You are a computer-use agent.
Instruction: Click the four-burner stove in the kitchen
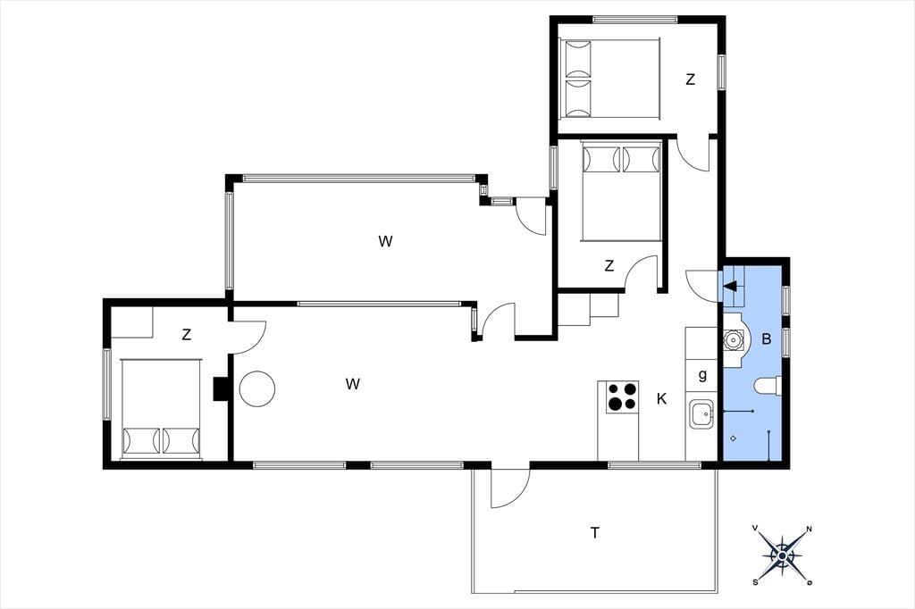coord(622,396)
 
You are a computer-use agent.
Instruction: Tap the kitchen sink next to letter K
coord(702,414)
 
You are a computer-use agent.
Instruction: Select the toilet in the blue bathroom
coord(768,386)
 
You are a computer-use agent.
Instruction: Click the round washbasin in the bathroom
coord(731,339)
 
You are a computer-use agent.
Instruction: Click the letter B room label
coord(767,339)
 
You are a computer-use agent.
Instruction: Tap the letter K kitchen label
coord(661,399)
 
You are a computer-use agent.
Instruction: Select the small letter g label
coord(702,375)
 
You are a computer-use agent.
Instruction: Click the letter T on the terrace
coord(594,532)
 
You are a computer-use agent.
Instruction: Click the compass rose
coord(782,555)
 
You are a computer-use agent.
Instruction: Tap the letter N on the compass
coord(809,530)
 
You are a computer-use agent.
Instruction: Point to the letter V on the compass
coord(755,528)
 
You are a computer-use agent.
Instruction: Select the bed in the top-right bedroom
coord(609,79)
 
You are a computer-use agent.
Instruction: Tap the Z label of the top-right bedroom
coord(691,79)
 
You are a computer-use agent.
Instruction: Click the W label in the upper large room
coord(385,241)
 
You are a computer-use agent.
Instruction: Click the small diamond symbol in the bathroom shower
coord(734,438)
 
